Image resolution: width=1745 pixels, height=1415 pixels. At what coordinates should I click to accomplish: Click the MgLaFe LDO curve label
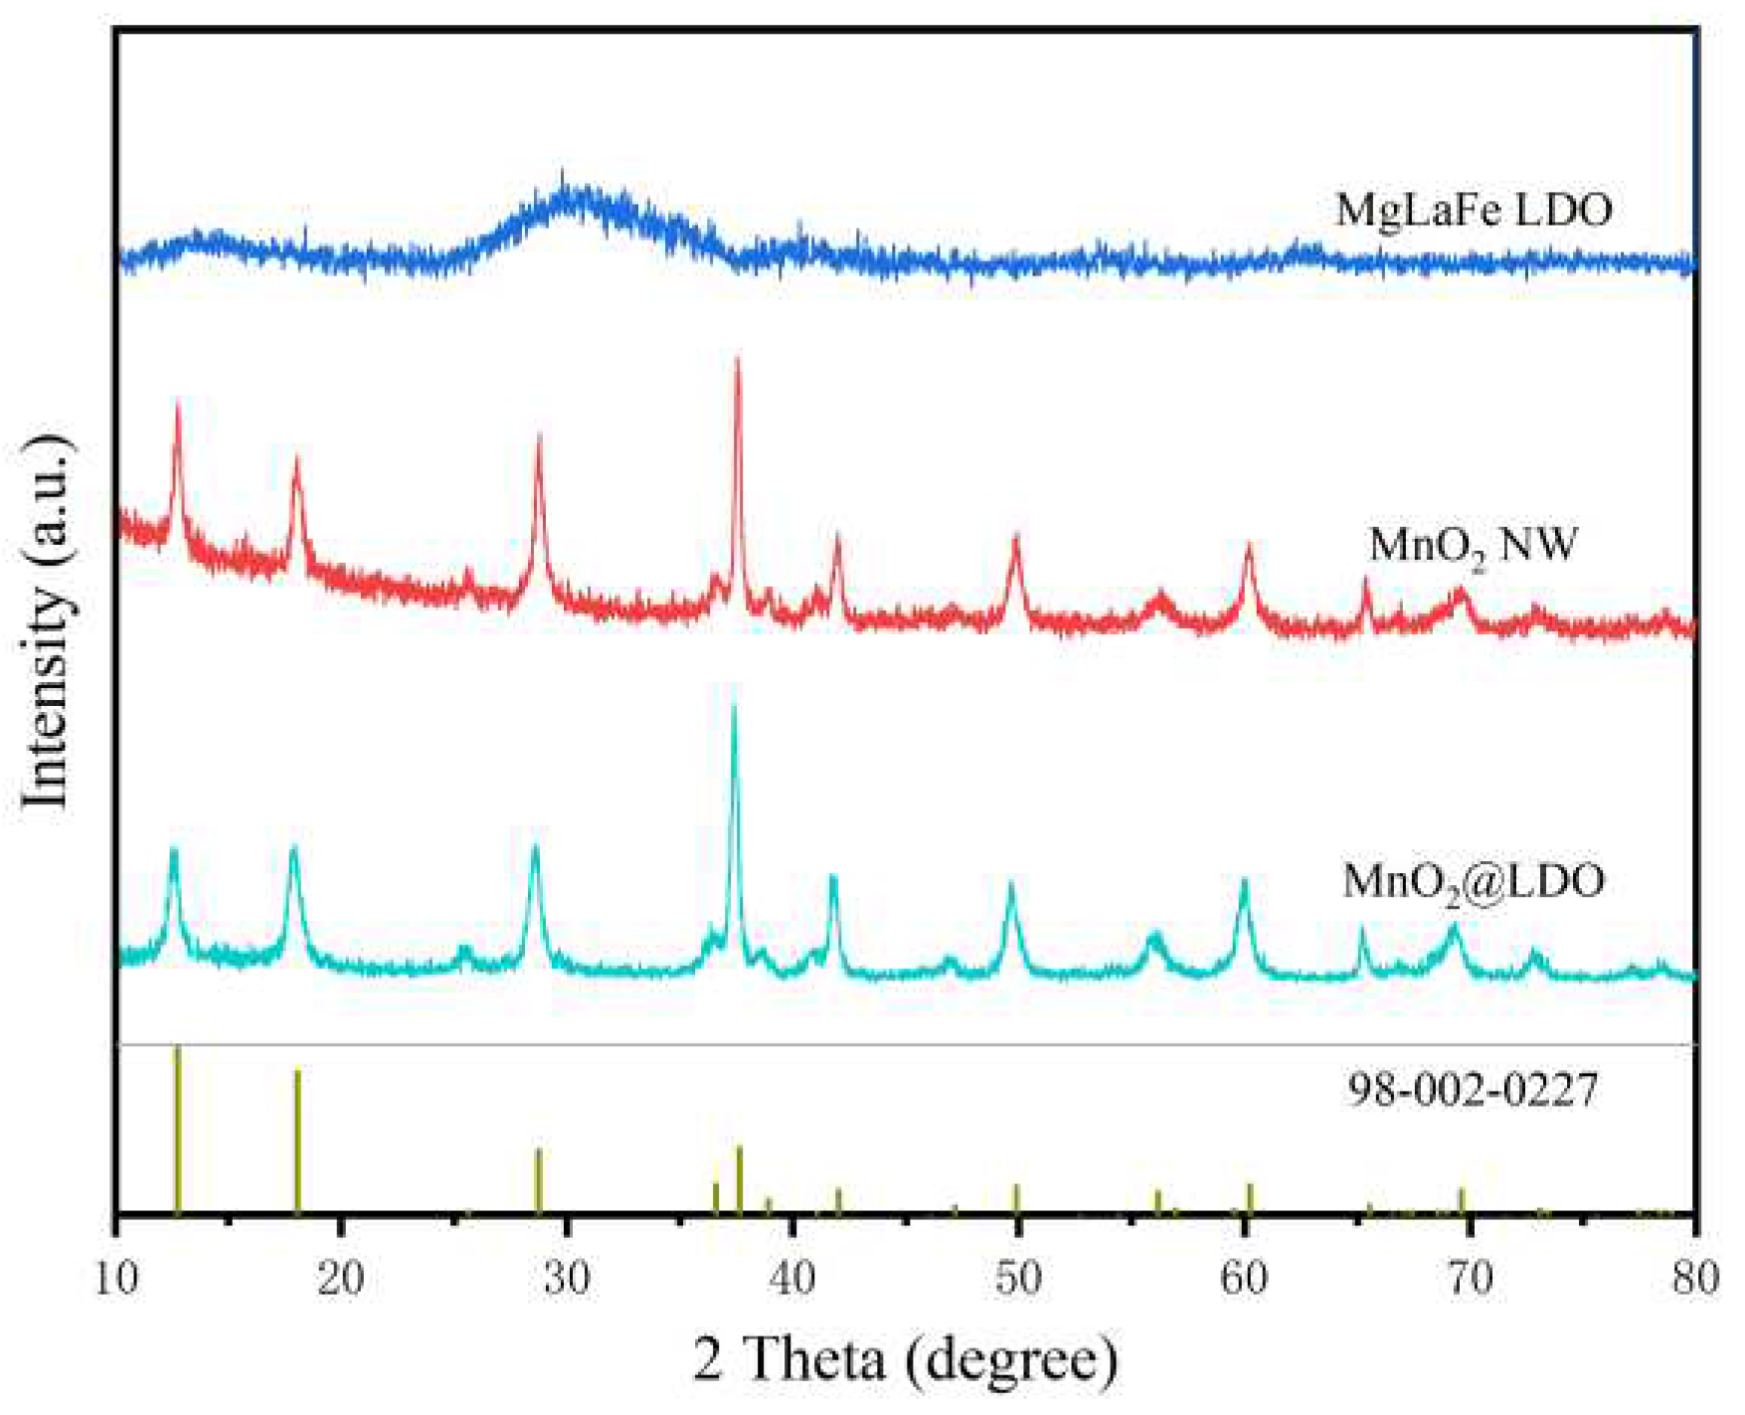[1474, 210]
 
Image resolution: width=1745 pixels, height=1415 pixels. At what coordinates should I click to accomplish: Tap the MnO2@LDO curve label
[1474, 881]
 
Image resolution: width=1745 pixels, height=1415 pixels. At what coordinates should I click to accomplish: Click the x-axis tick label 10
[116, 1277]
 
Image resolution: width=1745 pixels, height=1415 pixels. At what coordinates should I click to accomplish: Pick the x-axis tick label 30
[567, 1277]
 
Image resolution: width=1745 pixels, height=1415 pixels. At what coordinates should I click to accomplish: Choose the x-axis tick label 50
[1017, 1277]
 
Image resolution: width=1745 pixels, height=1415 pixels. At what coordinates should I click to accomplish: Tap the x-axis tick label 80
[1694, 1277]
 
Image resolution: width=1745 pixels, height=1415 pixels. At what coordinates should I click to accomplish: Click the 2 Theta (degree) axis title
[905, 1358]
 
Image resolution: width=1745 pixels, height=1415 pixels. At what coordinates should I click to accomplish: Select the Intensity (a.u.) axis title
[47, 621]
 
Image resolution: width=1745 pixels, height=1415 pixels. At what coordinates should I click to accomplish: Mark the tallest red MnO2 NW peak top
[738, 360]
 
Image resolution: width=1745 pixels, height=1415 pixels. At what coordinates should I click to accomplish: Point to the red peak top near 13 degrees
[178, 403]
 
